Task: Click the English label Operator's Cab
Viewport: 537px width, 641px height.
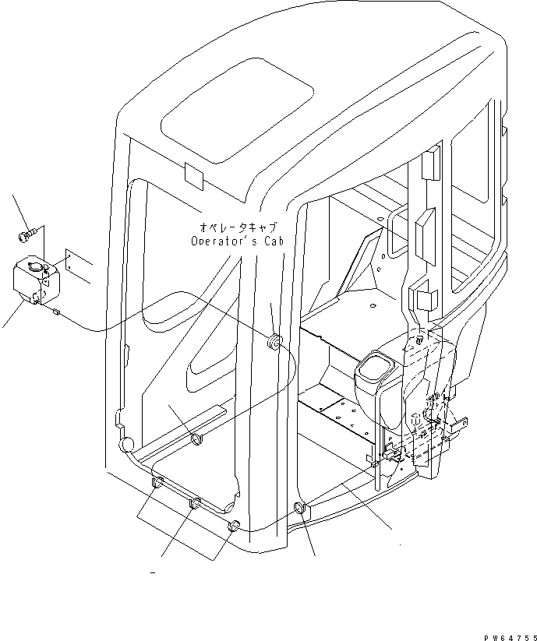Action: coord(238,241)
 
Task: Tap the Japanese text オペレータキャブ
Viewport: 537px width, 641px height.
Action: coord(238,227)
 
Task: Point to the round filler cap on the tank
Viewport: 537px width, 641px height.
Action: coord(34,269)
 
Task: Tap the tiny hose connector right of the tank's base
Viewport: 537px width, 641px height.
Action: coord(56,311)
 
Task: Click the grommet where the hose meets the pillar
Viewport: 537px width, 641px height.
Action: coord(274,340)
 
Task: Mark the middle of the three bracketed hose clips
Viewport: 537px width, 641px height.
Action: coord(195,503)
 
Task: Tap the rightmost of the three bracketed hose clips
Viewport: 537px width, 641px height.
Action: coord(231,527)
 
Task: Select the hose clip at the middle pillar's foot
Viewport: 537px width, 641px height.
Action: coord(301,510)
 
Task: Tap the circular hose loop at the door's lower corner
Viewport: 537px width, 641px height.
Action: coord(124,445)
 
